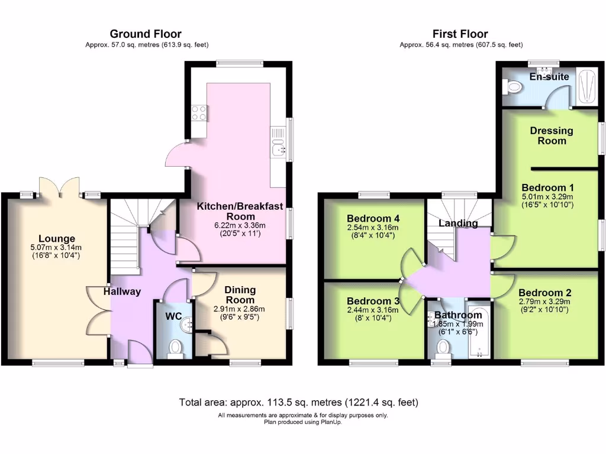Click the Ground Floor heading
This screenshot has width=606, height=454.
(x=146, y=34)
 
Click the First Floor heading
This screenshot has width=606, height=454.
(x=460, y=34)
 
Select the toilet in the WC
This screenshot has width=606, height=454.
(x=175, y=348)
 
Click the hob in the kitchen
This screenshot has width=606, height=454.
(x=199, y=112)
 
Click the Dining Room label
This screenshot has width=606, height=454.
(x=240, y=295)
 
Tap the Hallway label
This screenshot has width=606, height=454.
(x=123, y=291)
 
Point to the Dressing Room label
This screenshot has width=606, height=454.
(x=551, y=135)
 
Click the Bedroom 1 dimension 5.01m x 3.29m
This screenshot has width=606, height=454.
(x=547, y=197)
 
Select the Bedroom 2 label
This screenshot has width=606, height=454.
(x=544, y=293)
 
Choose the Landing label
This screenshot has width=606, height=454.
(x=458, y=223)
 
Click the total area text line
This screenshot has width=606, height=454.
(x=299, y=403)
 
